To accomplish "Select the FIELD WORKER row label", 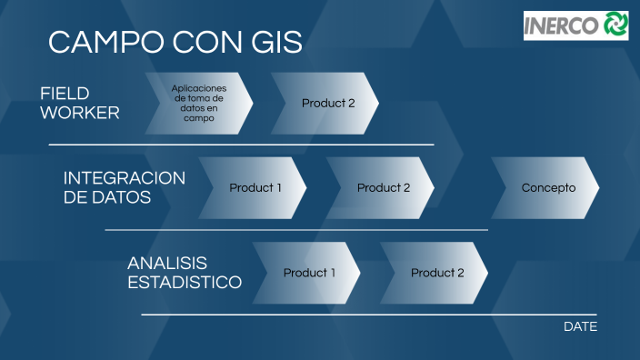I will tap(79, 104).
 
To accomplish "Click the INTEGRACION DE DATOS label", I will tap(124, 187).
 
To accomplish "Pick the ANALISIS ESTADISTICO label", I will tap(185, 273).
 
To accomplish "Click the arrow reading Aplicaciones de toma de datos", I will tap(198, 104).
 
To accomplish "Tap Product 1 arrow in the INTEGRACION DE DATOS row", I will tap(254, 188).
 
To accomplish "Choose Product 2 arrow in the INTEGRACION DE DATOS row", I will tap(382, 188).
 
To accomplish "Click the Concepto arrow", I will tap(547, 188).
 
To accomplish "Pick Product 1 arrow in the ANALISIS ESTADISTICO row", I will tap(308, 273).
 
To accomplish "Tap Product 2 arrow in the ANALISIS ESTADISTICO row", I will tap(435, 273).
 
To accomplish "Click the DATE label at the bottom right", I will tap(580, 326).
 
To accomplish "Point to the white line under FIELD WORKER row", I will tap(241, 145).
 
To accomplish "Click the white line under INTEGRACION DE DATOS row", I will tap(296, 230).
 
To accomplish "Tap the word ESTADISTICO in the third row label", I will tap(185, 283).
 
